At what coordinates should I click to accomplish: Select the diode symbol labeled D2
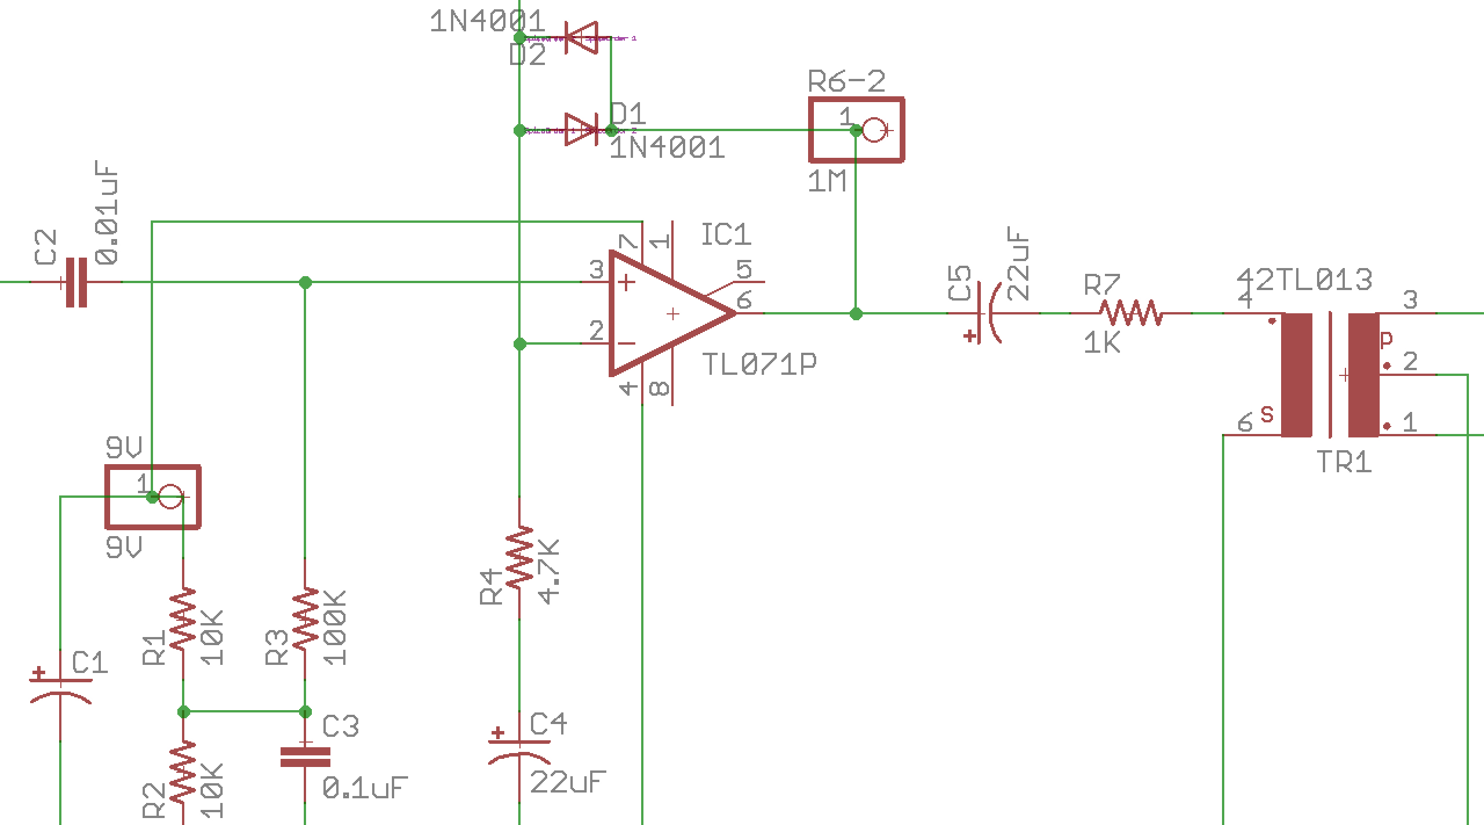[581, 38]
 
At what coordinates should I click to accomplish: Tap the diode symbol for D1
[581, 130]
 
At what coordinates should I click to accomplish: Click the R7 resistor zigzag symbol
[1130, 313]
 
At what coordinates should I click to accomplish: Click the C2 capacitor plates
[77, 283]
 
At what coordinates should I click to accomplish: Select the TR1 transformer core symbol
[1330, 375]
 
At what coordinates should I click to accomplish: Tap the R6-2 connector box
[856, 130]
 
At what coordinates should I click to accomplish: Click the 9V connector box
[153, 497]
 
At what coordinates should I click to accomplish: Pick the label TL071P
[759, 364]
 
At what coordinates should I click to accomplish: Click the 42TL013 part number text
[1304, 280]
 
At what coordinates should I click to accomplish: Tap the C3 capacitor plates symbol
[305, 757]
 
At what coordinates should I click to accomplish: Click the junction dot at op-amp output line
[856, 314]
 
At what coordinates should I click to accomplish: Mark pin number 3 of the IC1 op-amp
[596, 270]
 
